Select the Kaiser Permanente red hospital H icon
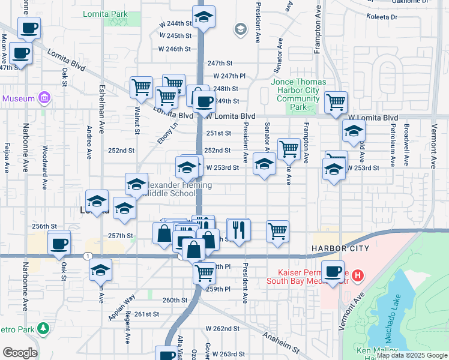(x=358, y=276)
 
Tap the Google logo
(x=20, y=353)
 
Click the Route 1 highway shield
(x=89, y=256)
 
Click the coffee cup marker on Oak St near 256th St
(x=59, y=244)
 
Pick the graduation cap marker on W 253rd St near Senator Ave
(x=264, y=163)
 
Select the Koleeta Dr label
(x=385, y=17)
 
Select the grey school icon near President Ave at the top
(x=241, y=29)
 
